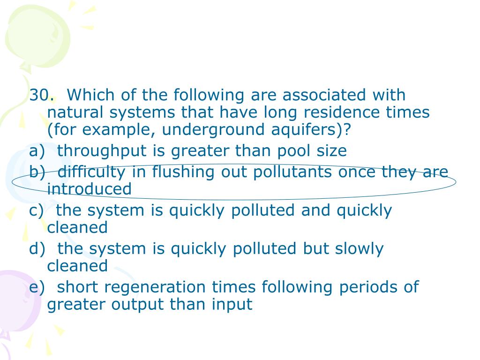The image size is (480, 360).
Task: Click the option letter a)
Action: tap(37, 151)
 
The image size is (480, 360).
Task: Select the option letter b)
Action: tap(37, 172)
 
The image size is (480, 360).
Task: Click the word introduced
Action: tap(89, 189)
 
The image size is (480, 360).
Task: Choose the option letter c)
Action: tap(36, 210)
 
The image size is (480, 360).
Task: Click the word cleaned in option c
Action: tap(77, 227)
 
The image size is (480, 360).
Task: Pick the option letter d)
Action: tap(37, 248)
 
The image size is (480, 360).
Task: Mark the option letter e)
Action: tap(37, 287)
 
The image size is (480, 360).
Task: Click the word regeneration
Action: tap(131, 287)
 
